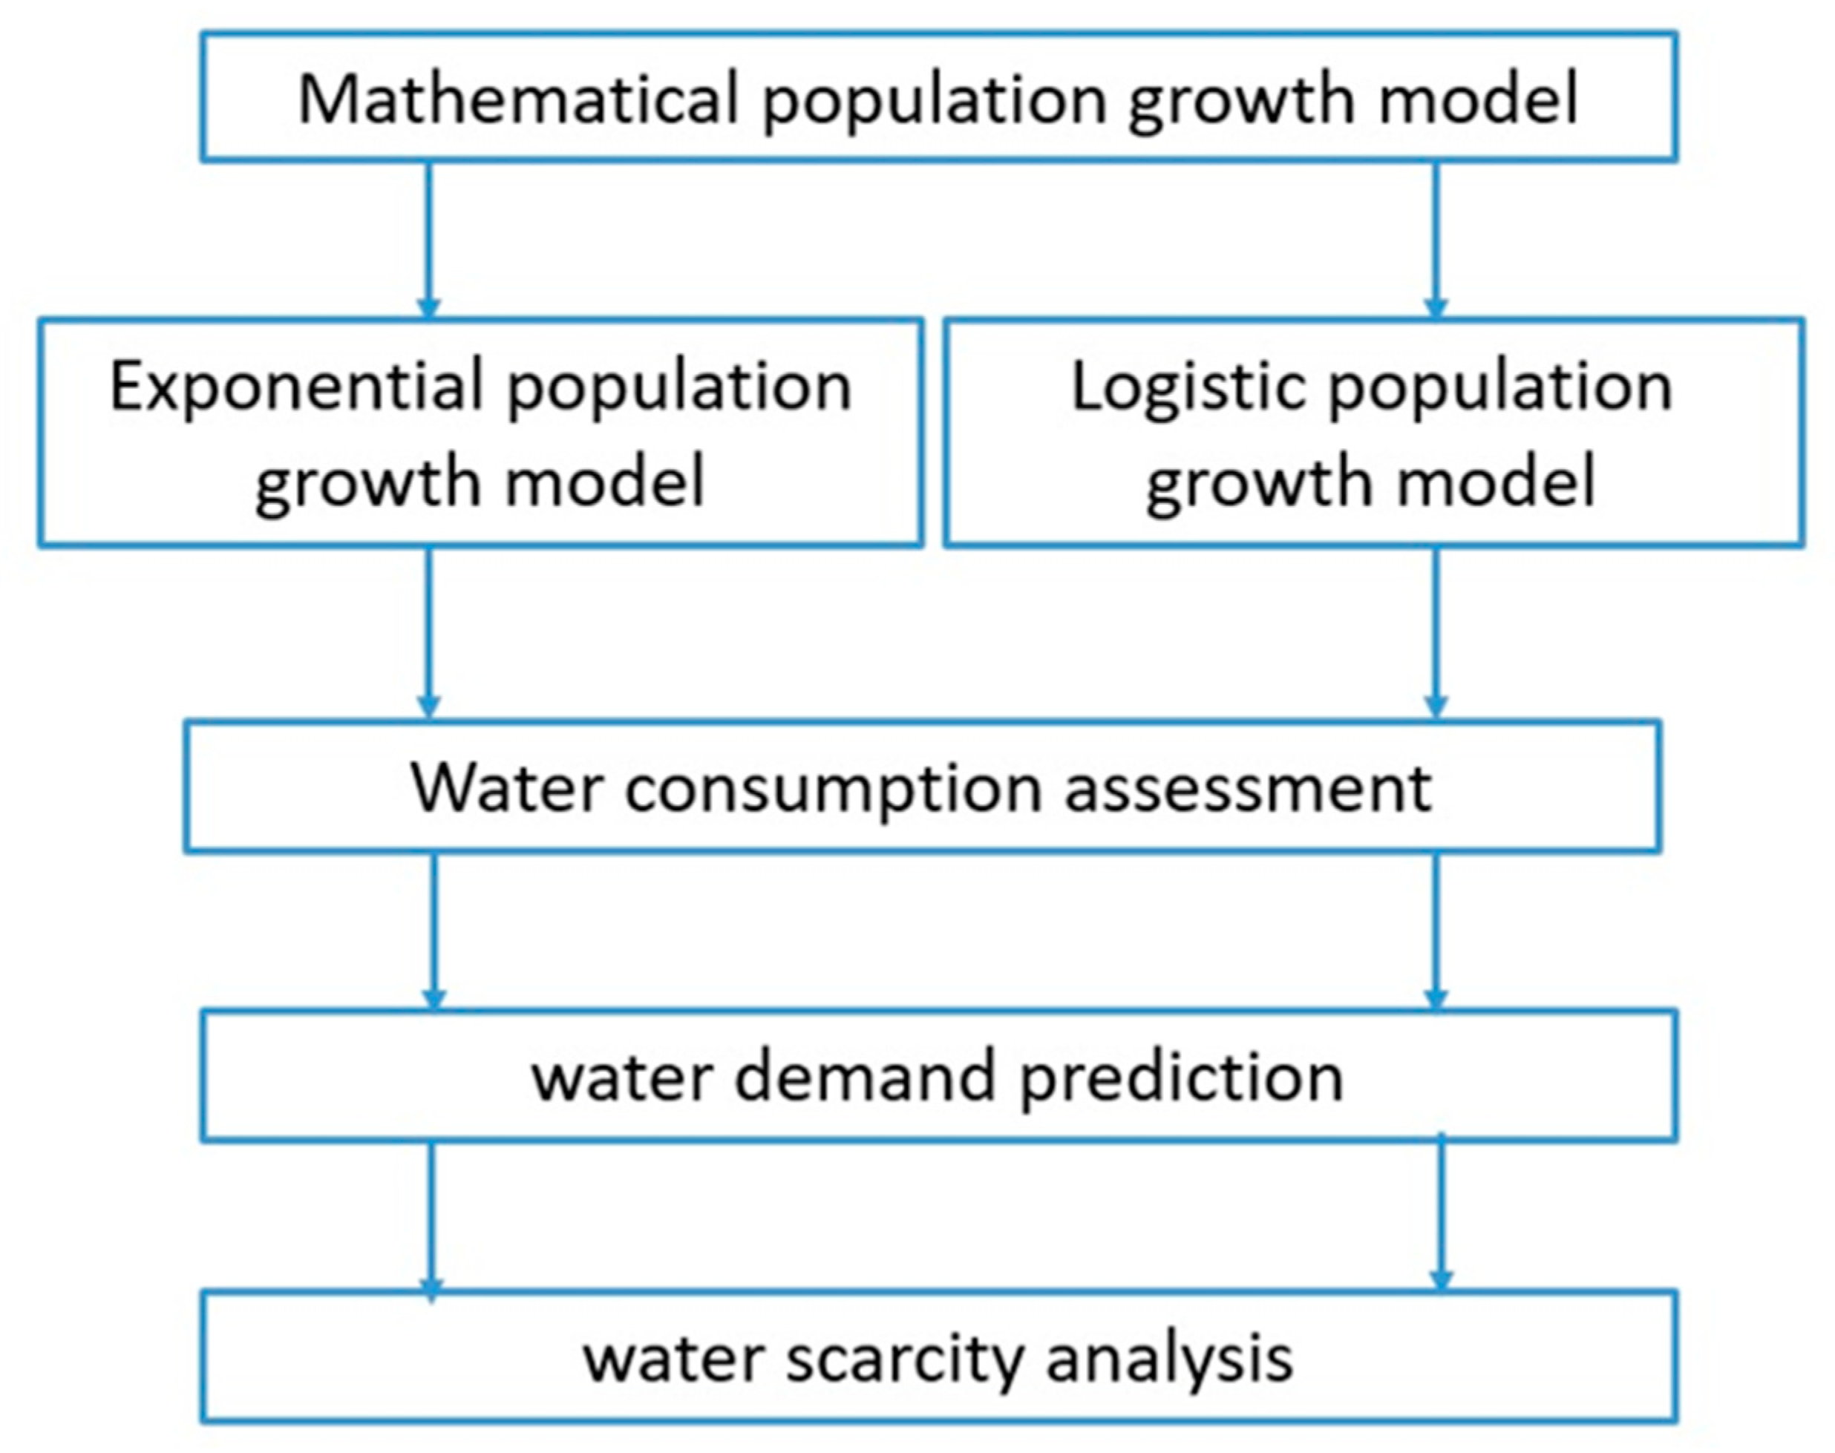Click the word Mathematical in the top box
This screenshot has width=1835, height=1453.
click(x=518, y=99)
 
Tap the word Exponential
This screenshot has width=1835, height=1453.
click(x=297, y=387)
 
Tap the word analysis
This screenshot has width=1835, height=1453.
click(x=1169, y=1359)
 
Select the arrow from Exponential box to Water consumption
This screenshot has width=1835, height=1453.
click(x=429, y=633)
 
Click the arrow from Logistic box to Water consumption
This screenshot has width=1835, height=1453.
click(x=1436, y=633)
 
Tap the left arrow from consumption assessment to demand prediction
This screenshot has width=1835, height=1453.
click(x=435, y=931)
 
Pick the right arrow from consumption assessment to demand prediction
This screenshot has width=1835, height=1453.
click(x=1436, y=931)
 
